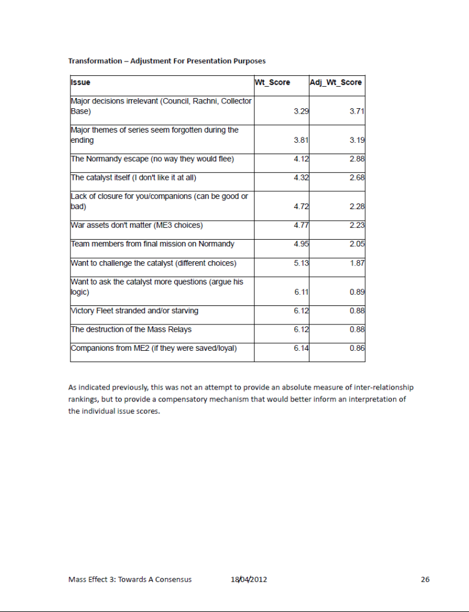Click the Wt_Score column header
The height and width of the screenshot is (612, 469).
point(272,82)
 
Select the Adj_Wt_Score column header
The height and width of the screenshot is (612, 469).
point(336,82)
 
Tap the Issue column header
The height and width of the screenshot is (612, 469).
point(81,82)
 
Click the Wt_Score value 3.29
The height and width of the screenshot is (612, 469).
point(301,112)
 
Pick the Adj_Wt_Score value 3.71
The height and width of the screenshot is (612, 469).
point(357,112)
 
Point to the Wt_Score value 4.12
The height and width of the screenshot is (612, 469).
point(301,160)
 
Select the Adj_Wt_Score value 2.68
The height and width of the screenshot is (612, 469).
point(357,178)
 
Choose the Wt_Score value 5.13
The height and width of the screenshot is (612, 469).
point(301,264)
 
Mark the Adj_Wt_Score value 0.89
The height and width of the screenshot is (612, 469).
point(357,292)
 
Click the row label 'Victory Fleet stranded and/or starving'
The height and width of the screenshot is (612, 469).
point(134,311)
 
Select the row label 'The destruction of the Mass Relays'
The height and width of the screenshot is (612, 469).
point(131,329)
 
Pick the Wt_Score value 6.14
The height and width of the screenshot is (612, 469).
point(301,348)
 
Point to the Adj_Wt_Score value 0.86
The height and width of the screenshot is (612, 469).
point(357,348)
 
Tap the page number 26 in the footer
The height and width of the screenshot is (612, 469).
point(425,579)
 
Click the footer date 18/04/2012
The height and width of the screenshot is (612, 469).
point(249,579)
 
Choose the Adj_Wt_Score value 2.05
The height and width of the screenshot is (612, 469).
point(357,244)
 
